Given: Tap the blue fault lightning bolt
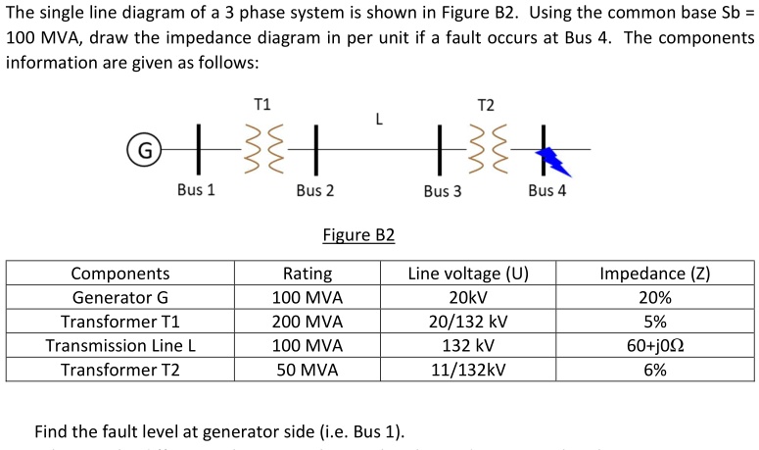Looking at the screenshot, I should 558,156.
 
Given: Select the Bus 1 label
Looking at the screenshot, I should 196,189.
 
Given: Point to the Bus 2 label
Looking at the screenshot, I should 314,190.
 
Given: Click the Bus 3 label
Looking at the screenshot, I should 443,190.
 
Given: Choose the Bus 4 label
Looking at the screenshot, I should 546,190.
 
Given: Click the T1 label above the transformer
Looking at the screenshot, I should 262,104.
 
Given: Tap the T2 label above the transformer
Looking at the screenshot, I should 486,104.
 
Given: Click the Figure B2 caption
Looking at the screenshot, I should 358,235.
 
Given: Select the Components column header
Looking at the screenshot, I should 120,274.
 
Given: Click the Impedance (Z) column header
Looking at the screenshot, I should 654,274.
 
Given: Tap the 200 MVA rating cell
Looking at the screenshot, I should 308,322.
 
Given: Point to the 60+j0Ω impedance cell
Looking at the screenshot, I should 654,345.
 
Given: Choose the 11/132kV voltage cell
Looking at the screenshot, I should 467,370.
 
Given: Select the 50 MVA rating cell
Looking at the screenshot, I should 308,370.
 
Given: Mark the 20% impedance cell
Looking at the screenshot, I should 654,298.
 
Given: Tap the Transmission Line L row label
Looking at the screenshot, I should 120,345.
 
